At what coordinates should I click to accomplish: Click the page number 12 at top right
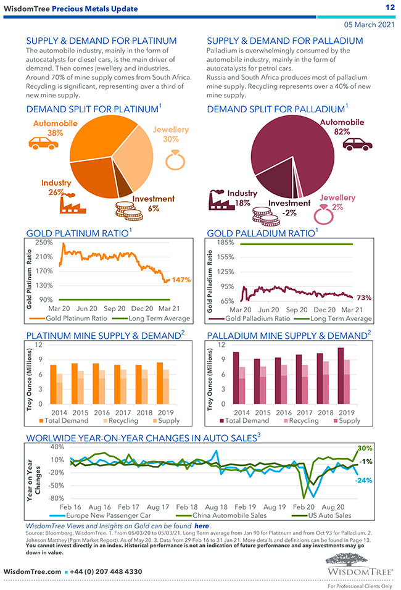[389, 7]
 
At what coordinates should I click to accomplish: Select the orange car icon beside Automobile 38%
[43, 143]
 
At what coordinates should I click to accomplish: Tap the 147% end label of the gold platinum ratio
[181, 280]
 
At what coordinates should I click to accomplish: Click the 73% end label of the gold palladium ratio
[364, 297]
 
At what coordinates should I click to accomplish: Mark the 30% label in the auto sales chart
[365, 448]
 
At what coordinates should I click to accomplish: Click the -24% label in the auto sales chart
[363, 480]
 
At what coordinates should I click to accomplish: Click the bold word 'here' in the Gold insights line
[200, 525]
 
